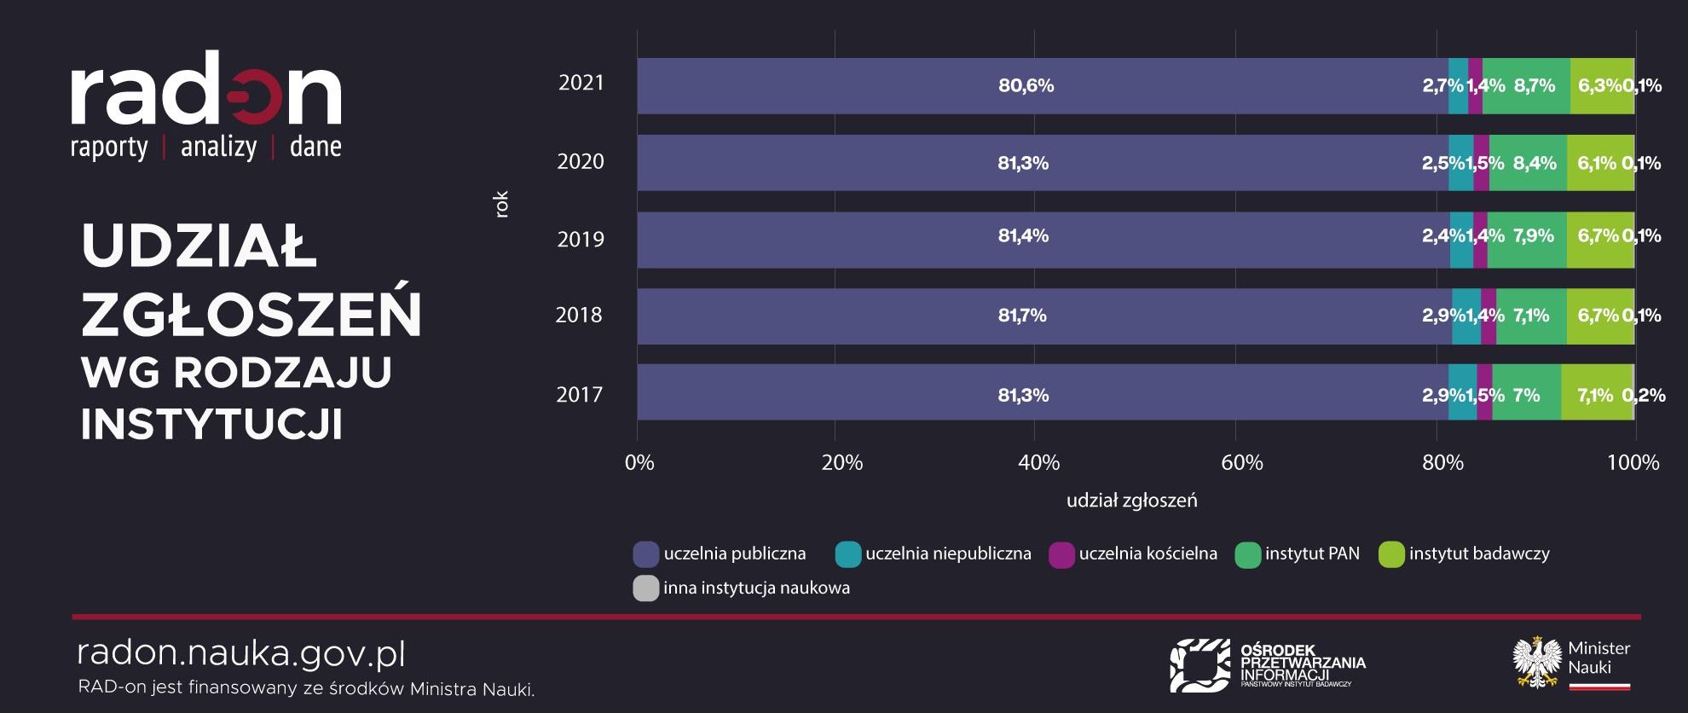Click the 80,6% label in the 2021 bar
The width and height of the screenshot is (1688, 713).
pos(1026,85)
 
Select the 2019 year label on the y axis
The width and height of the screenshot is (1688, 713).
pos(581,240)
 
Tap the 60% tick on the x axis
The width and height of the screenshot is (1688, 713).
pos(1241,463)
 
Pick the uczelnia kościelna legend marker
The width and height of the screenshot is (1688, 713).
pos(1061,555)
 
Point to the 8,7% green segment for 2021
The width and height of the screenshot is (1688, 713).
pos(1526,85)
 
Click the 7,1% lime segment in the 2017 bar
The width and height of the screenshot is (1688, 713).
pos(1594,395)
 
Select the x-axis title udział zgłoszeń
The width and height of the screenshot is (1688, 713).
pos(1131,501)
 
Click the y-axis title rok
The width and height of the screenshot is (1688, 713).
pos(501,205)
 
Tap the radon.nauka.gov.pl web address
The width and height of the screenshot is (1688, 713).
pos(241,654)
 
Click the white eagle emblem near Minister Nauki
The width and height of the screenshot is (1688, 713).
pos(1536,663)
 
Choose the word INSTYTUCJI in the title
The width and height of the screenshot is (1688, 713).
pos(211,424)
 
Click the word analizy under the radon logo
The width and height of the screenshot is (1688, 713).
pos(218,148)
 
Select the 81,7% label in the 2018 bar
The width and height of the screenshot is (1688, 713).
pos(1022,316)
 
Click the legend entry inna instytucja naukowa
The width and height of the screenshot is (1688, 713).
pos(755,588)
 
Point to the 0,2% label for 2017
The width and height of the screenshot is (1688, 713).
pos(1643,395)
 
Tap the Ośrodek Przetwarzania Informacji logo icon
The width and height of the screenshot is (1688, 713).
pos(1200,664)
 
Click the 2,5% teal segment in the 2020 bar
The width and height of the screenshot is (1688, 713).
pos(1460,163)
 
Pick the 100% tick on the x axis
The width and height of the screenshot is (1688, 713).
pos(1633,463)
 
